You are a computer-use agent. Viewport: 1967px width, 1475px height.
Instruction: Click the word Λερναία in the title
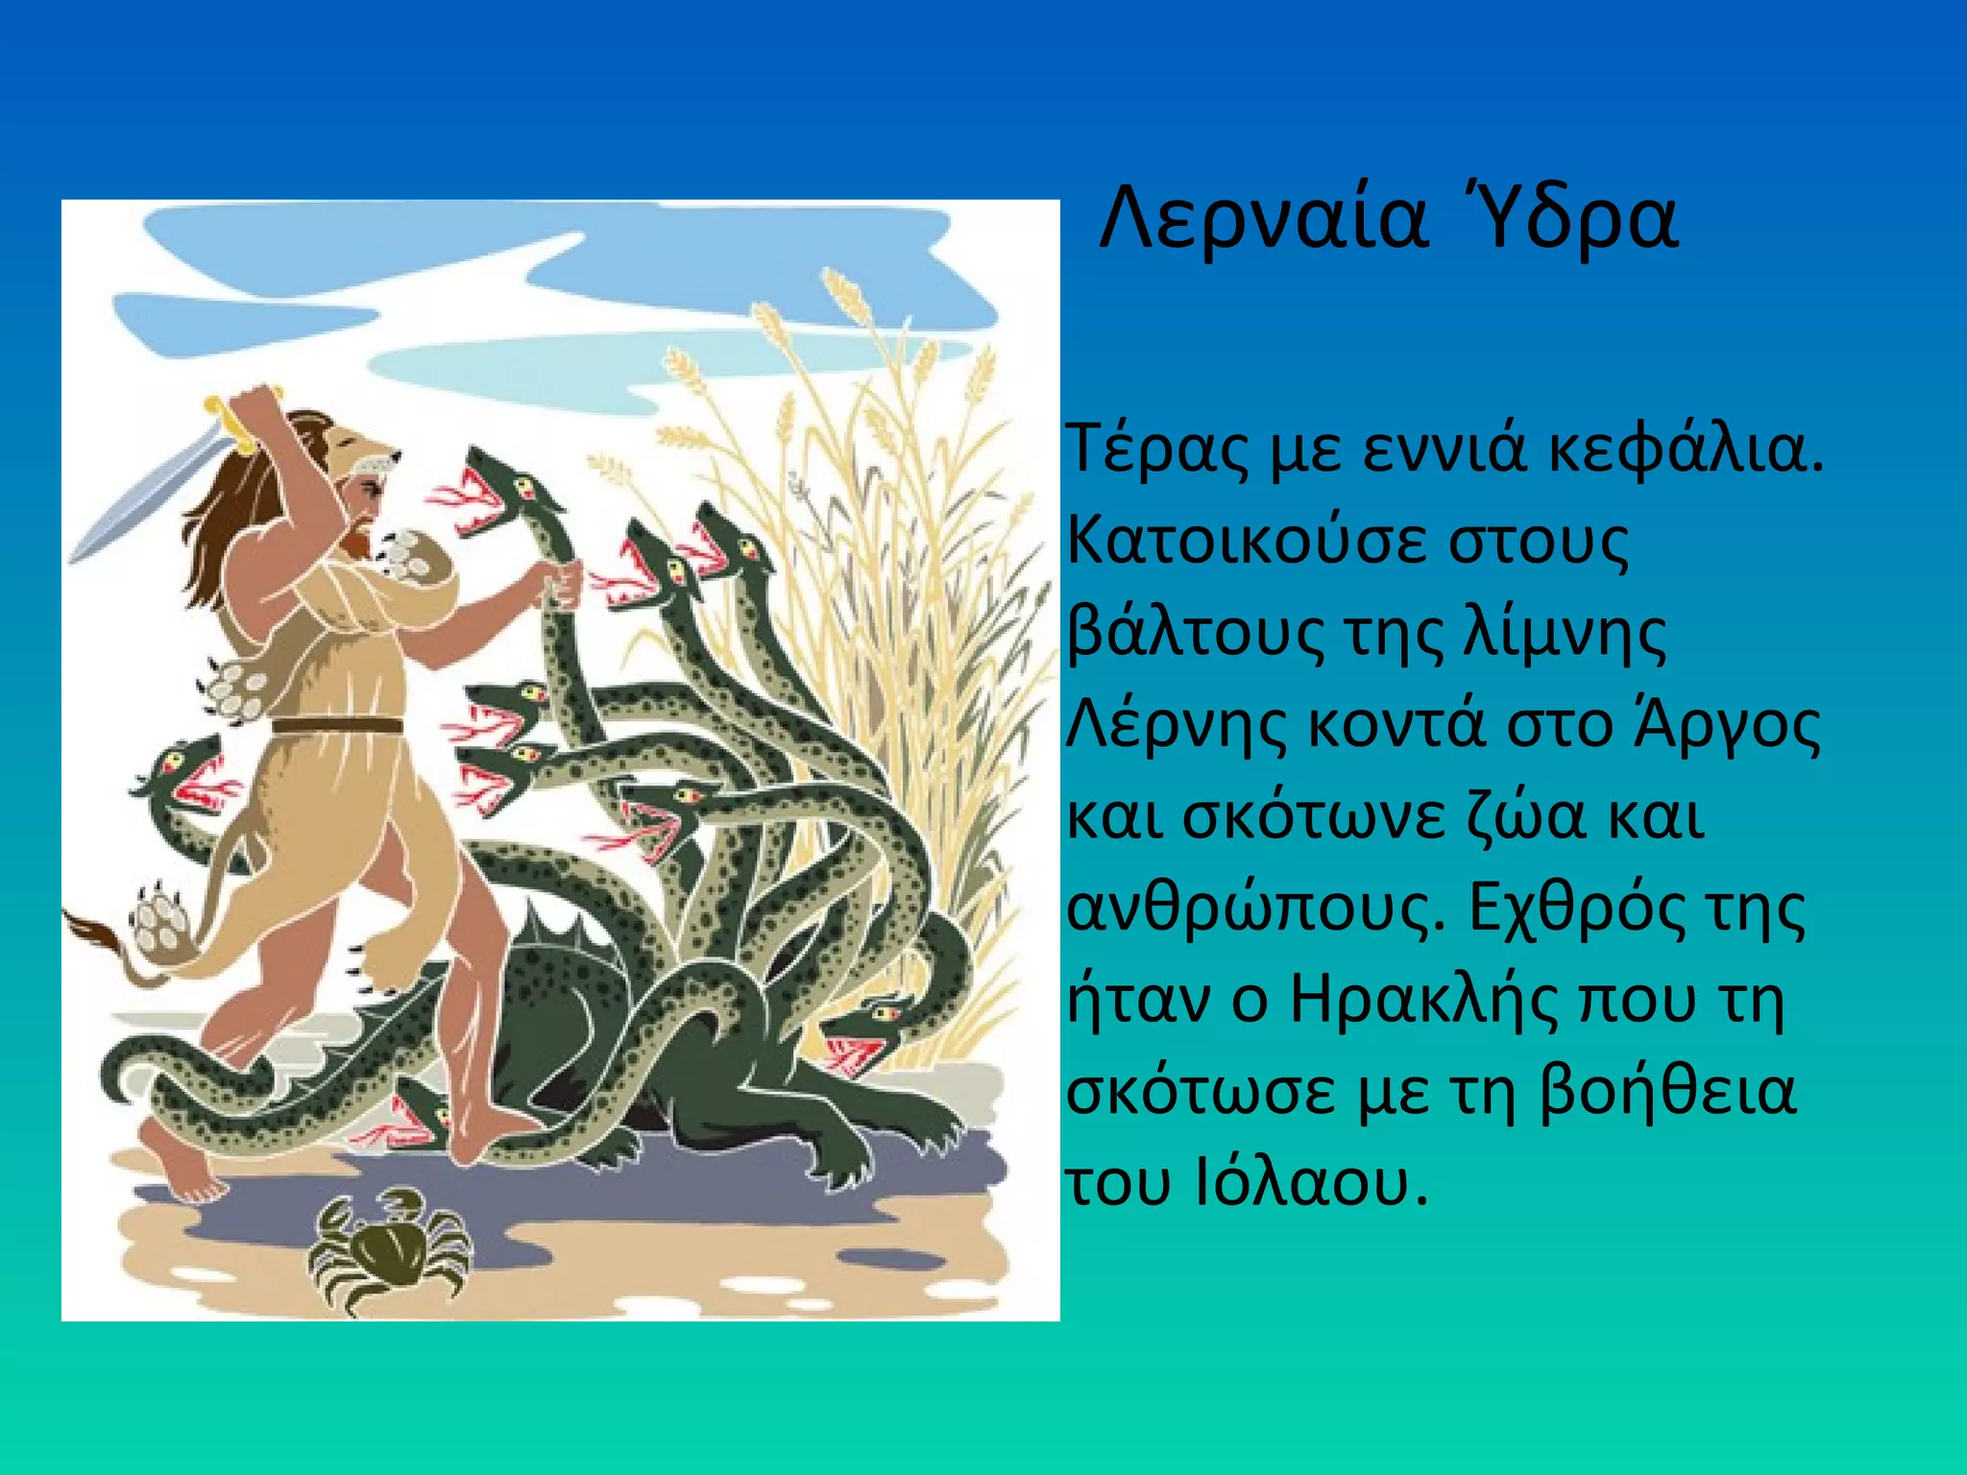click(x=1262, y=221)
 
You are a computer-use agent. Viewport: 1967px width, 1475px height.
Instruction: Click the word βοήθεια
click(x=1667, y=1092)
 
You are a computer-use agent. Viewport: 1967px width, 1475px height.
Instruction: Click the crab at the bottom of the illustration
click(x=389, y=1248)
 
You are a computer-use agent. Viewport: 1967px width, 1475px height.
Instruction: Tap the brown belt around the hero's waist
click(x=336, y=726)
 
